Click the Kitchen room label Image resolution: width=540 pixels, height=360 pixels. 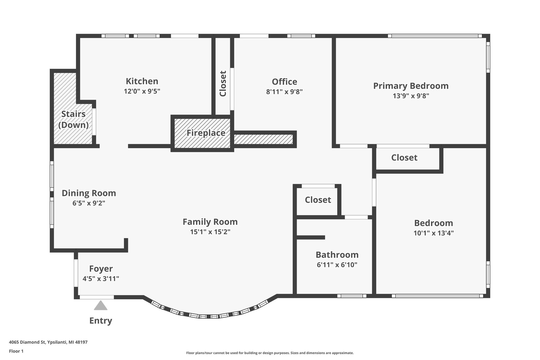point(142,81)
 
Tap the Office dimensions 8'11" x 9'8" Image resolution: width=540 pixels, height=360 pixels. point(284,91)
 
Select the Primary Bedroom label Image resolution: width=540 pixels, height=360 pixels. point(411,86)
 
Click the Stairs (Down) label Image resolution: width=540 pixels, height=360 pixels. point(73,119)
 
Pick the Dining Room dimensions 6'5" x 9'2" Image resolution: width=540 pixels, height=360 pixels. point(89,203)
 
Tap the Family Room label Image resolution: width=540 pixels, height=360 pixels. point(210,222)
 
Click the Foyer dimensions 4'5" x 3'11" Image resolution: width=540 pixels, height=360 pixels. point(101,279)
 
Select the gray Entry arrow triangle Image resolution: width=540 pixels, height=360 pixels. point(101,306)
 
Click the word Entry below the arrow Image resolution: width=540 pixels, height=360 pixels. point(101,321)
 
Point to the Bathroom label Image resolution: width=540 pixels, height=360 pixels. point(337,255)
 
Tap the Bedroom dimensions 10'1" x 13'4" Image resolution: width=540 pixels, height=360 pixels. point(433,233)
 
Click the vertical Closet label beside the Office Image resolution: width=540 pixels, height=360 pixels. point(223,83)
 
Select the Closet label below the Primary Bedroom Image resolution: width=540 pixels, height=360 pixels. point(404,158)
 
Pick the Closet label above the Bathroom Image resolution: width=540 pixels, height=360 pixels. point(318,200)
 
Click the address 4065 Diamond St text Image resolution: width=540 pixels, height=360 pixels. point(48,342)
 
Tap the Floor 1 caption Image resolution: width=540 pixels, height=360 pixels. point(16,351)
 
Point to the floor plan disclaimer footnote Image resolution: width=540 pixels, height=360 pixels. point(270,353)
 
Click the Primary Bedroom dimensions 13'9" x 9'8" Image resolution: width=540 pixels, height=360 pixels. point(411,95)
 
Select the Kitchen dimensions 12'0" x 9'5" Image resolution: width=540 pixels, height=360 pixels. point(142,91)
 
